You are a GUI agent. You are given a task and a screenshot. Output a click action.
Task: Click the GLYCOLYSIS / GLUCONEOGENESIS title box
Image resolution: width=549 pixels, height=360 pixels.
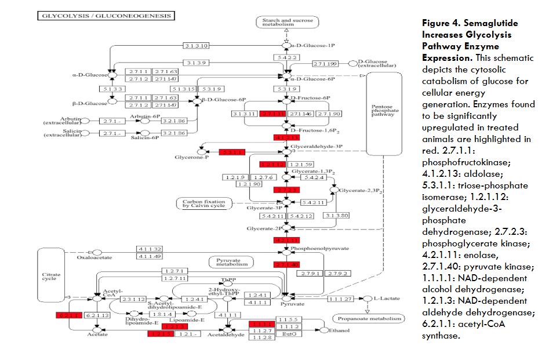[x=106, y=16]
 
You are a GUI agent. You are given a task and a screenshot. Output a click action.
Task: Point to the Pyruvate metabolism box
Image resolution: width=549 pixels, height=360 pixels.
[x=232, y=262]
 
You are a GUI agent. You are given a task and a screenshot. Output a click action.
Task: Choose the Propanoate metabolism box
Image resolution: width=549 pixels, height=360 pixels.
[x=368, y=318]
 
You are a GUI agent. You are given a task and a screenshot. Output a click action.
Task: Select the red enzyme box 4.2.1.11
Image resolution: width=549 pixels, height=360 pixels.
[x=286, y=239]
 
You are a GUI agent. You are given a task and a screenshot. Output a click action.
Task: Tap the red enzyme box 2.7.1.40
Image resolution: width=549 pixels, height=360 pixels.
[x=286, y=265]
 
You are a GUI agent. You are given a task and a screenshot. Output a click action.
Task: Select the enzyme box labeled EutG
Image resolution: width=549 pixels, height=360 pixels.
[x=289, y=334]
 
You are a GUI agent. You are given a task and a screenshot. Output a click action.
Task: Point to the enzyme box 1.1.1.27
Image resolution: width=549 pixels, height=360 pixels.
[x=340, y=299]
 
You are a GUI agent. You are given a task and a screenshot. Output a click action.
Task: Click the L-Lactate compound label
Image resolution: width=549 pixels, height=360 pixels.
[x=387, y=299]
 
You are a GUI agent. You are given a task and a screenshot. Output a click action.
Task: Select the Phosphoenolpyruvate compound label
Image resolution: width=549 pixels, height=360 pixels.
[x=319, y=248]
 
